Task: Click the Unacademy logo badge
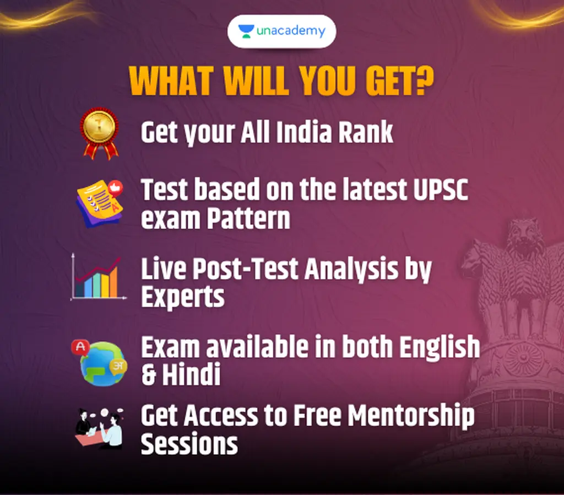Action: [281, 31]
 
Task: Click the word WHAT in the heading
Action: [171, 81]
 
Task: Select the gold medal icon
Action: [100, 133]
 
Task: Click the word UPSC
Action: [441, 190]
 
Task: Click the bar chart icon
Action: [98, 277]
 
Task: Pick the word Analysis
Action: [351, 270]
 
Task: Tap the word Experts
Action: [183, 297]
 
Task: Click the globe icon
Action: [103, 364]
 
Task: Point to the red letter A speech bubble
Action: [80, 347]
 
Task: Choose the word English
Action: [440, 347]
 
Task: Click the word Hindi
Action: [191, 374]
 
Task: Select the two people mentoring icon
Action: [99, 428]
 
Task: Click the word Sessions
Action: [189, 444]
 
